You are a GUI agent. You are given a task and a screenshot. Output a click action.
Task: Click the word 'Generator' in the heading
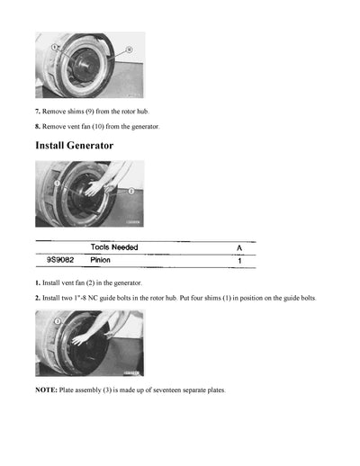click(92, 145)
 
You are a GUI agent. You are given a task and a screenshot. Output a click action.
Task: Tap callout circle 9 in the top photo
click(55, 45)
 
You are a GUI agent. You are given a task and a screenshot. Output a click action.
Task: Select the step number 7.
click(37, 111)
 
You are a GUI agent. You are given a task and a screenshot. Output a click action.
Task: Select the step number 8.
click(37, 127)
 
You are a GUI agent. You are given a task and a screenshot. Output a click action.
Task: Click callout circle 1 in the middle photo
click(55, 183)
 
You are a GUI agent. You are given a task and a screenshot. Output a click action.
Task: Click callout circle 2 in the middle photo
click(131, 191)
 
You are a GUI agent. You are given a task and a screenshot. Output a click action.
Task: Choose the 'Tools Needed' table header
click(114, 247)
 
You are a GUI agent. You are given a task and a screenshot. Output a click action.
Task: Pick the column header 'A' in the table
click(238, 247)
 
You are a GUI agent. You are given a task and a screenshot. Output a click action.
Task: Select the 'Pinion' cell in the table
click(101, 260)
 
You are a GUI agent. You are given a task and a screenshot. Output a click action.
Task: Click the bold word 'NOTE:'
click(47, 390)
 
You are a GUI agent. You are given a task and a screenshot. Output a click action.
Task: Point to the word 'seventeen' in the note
click(167, 390)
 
